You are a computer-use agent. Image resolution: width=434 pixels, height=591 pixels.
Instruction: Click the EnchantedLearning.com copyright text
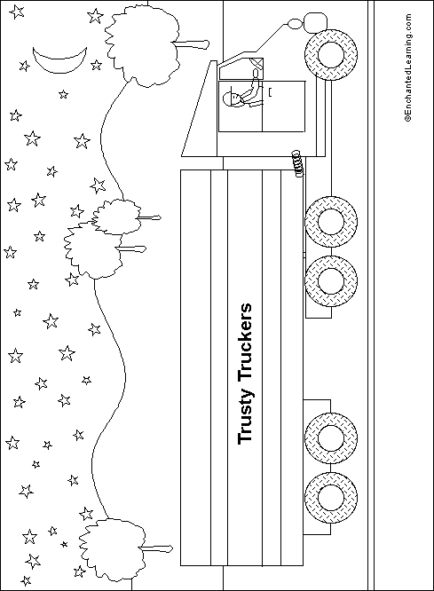407,67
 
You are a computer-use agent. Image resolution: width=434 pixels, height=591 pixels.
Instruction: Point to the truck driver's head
232,99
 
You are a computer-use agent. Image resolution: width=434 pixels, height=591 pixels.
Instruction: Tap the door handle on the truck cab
270,92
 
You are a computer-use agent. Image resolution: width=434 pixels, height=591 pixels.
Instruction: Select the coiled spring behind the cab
298,164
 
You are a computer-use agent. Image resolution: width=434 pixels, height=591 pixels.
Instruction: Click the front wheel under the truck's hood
331,55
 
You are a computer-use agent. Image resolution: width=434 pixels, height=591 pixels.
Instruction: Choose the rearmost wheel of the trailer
331,497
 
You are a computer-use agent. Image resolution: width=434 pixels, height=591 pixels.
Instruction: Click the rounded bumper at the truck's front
315,22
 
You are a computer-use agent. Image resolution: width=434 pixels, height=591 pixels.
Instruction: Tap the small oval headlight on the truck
295,24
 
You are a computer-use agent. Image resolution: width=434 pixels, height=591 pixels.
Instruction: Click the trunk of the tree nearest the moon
191,44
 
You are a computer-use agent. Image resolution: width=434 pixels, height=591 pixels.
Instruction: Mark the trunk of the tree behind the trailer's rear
156,548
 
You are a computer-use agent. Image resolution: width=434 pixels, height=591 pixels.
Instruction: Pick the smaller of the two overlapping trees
116,217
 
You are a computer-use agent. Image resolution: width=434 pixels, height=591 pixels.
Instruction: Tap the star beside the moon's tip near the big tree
96,65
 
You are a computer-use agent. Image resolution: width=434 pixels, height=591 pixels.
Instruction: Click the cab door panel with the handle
283,106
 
